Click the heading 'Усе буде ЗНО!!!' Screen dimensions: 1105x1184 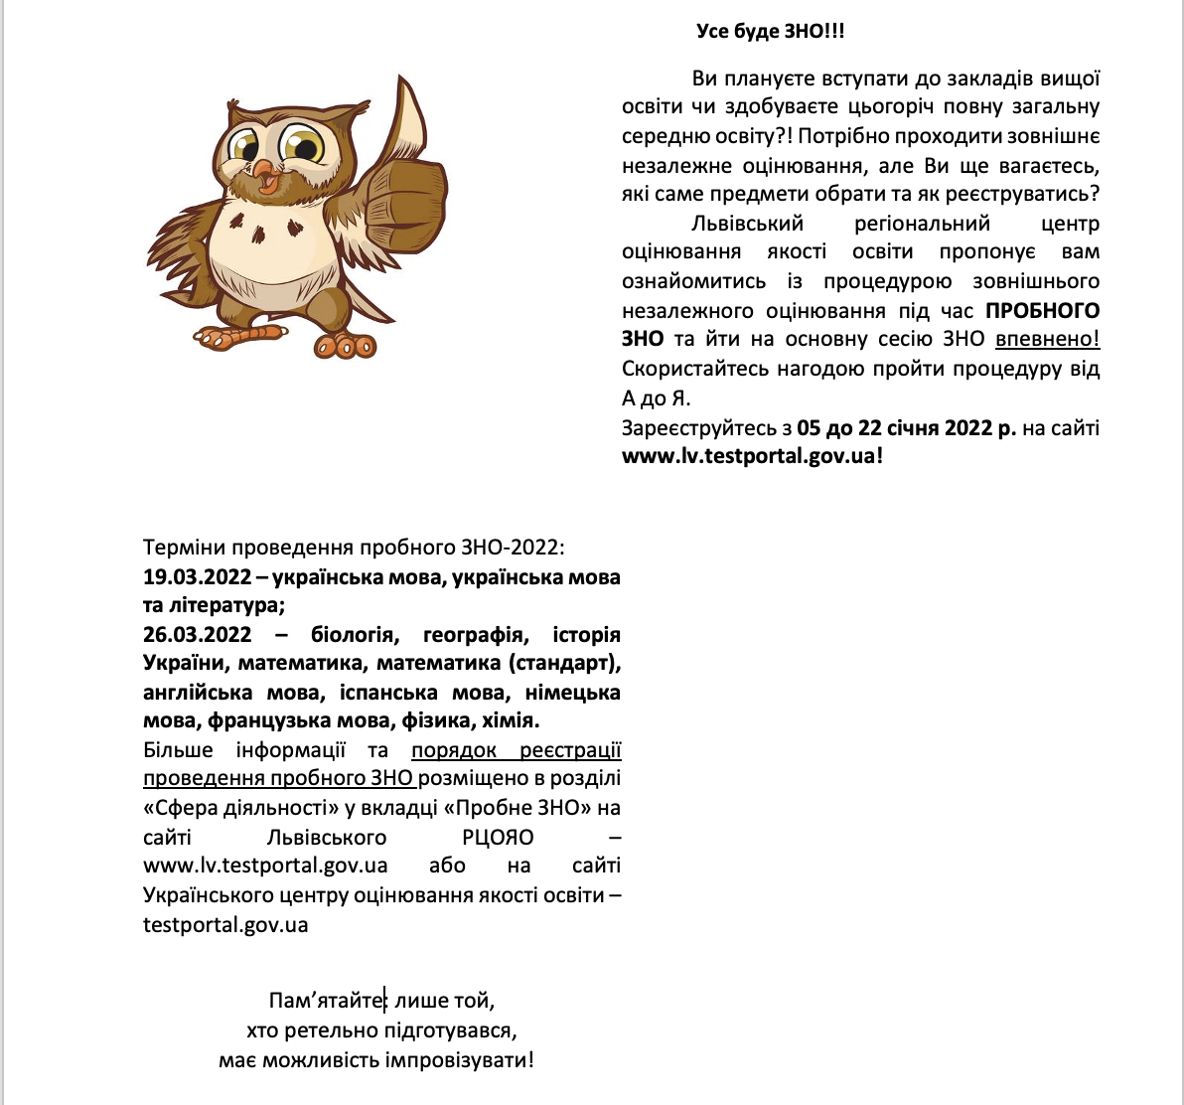click(x=770, y=31)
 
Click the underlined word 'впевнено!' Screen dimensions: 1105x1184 click(x=1047, y=339)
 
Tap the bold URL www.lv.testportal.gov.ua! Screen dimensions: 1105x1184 click(x=752, y=456)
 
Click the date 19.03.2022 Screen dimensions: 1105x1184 click(x=197, y=577)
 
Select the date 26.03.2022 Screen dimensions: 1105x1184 click(x=197, y=634)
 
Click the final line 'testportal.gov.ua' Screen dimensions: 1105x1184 click(x=225, y=924)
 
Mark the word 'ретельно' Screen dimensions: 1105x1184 click(x=329, y=1029)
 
